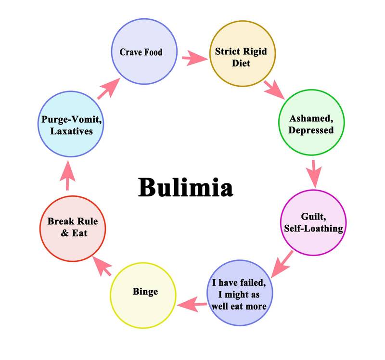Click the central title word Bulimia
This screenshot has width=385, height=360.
point(185,187)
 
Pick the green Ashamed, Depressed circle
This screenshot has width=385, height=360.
point(311,124)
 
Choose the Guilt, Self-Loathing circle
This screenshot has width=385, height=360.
point(312,222)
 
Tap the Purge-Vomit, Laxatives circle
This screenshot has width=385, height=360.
point(72,125)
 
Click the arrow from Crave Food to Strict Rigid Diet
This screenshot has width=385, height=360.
point(194,59)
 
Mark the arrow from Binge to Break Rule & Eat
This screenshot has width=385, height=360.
point(103,265)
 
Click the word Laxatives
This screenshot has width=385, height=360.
point(72,131)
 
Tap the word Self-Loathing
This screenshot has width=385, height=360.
point(312,228)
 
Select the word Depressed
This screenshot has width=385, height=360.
point(311,130)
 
